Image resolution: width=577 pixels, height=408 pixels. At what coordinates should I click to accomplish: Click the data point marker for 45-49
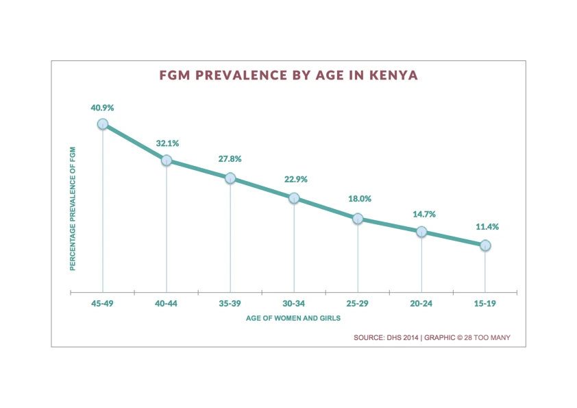pos(103,124)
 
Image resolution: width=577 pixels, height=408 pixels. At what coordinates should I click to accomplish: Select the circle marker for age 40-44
pos(167,160)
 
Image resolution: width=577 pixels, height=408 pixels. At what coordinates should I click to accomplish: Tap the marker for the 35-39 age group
pos(230,178)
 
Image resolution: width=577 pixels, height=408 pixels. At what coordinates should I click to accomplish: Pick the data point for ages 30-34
pos(294,198)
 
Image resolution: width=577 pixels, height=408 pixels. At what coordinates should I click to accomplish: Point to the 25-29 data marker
pos(358,219)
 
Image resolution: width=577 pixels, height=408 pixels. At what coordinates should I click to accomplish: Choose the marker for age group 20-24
pos(421,232)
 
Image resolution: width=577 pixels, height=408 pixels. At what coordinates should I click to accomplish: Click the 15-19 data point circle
pos(485,245)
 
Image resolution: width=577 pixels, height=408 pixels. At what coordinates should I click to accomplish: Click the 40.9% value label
pos(102,108)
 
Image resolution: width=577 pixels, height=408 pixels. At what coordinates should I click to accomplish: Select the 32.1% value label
pos(167,144)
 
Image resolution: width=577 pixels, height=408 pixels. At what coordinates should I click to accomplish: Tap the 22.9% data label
pos(295,180)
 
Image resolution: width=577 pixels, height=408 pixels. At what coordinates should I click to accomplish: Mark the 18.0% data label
pos(359,199)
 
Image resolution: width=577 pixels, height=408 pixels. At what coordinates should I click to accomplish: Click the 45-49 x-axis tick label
pos(102,303)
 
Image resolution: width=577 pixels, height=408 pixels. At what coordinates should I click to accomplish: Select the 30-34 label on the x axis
pos(294,303)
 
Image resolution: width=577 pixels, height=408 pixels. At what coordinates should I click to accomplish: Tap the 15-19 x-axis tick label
pos(485,303)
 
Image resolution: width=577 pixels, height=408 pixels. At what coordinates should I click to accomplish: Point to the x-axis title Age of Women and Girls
pos(293,319)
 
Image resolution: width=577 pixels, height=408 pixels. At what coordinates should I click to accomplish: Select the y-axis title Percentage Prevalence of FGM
pos(73,208)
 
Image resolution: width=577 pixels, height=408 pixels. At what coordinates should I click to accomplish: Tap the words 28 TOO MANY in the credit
pos(487,337)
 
